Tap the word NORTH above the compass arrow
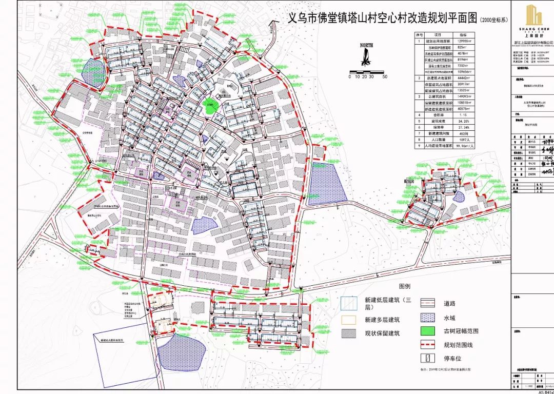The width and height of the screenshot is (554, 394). [x=366, y=45]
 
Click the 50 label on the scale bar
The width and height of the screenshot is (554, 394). [x=384, y=76]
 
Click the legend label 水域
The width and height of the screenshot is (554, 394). [x=450, y=317]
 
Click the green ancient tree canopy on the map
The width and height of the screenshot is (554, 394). [x=209, y=106]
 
